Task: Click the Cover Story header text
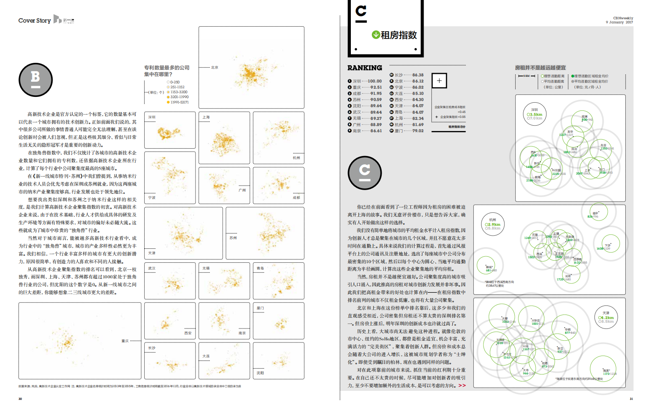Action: pyautogui.click(x=35, y=21)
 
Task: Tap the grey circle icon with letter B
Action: pyautogui.click(x=36, y=80)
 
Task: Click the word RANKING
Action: pyautogui.click(x=364, y=68)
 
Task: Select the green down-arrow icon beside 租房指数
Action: pyautogui.click(x=376, y=34)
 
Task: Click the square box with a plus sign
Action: pyautogui.click(x=439, y=80)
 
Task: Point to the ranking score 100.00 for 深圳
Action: pyautogui.click(x=374, y=81)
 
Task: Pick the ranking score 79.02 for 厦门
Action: pyautogui.click(x=418, y=131)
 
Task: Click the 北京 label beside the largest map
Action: pyautogui.click(x=214, y=67)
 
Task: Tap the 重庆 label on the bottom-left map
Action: pyautogui.click(x=125, y=341)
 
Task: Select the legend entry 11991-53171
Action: pyautogui.click(x=179, y=102)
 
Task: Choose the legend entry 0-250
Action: pyautogui.click(x=175, y=82)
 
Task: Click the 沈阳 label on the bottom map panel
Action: pyautogui.click(x=260, y=373)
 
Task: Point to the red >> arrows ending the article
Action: pyautogui.click(x=462, y=386)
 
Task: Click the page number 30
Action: pyautogui.click(x=20, y=399)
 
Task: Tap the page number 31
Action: pyautogui.click(x=631, y=399)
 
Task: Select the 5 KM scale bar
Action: pyautogui.click(x=526, y=76)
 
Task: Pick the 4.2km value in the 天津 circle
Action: pyautogui.click(x=607, y=317)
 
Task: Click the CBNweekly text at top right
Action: pyautogui.click(x=623, y=18)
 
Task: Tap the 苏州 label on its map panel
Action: pyautogui.click(x=233, y=238)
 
